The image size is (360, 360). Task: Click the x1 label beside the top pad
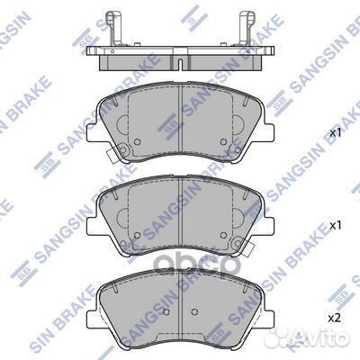tap(336, 133)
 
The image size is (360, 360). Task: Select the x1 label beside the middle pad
tap(336, 226)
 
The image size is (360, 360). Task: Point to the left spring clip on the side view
tap(113, 28)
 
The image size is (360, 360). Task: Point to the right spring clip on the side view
tap(246, 28)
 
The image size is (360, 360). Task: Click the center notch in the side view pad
tap(180, 64)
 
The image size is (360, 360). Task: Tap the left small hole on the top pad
tap(138, 141)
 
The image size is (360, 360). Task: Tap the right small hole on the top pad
tap(223, 141)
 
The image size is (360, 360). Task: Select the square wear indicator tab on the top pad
tap(112, 156)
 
